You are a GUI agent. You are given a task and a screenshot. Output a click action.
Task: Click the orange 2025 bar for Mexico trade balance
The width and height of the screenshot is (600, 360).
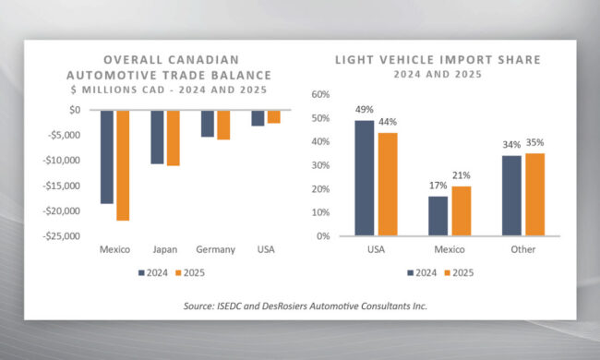pyautogui.click(x=123, y=165)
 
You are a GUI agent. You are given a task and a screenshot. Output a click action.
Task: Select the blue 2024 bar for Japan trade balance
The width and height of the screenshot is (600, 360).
pyautogui.click(x=157, y=138)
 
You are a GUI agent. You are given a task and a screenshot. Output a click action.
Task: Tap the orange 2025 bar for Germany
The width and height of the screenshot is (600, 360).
pyautogui.click(x=223, y=126)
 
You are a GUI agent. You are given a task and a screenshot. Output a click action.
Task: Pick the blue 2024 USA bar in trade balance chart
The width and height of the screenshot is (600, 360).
pyautogui.click(x=258, y=118)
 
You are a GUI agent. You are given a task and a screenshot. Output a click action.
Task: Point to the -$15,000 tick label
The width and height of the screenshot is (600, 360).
pyautogui.click(x=62, y=186)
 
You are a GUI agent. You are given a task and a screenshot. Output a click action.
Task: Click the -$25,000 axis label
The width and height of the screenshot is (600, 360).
pyautogui.click(x=62, y=236)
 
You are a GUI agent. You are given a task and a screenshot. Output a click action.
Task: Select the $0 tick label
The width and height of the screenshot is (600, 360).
pyautogui.click(x=75, y=110)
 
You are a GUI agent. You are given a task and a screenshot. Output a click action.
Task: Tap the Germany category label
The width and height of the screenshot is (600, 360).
pyautogui.click(x=215, y=249)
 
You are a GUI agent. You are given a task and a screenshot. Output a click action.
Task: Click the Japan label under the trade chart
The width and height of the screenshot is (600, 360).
pyautogui.click(x=165, y=249)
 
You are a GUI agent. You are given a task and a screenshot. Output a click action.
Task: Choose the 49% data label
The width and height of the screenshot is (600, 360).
pyautogui.click(x=365, y=110)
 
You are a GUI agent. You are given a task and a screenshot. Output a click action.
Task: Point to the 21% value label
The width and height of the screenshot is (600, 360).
pyautogui.click(x=462, y=175)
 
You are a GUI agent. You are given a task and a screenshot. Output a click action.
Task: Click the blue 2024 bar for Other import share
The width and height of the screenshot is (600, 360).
pyautogui.click(x=511, y=196)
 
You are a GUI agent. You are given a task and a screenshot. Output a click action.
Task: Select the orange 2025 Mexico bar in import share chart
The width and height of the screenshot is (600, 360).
pyautogui.click(x=462, y=210)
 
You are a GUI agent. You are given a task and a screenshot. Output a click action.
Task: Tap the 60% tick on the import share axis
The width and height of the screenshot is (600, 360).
pyautogui.click(x=320, y=94)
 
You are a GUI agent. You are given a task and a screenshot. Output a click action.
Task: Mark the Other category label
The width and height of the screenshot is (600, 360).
pyautogui.click(x=523, y=249)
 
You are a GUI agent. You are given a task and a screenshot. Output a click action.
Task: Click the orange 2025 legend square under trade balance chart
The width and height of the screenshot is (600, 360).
pyautogui.click(x=178, y=273)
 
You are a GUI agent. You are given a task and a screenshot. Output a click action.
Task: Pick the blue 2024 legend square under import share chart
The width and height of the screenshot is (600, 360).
pyautogui.click(x=411, y=273)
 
